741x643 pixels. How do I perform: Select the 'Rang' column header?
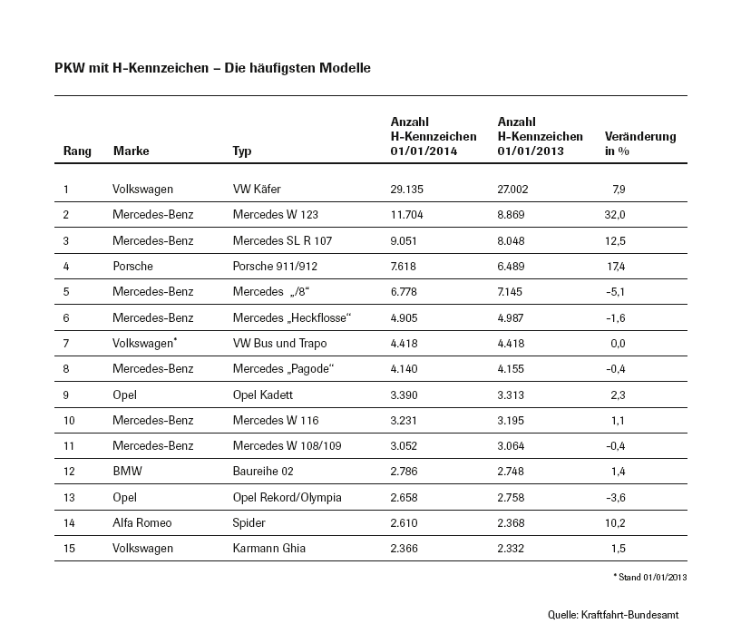[77, 151]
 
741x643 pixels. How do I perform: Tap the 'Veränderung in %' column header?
[639, 143]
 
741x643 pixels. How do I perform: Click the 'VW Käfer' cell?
[257, 190]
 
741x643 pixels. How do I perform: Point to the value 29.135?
[407, 190]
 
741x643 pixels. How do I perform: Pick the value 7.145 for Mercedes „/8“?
[513, 292]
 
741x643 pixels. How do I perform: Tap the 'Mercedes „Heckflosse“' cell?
[291, 317]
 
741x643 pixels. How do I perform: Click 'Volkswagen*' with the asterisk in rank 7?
[143, 343]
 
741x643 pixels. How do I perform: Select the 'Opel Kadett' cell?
[264, 395]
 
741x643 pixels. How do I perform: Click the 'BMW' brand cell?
[127, 472]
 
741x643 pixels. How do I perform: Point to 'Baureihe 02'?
[263, 472]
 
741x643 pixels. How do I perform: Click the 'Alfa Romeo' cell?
[141, 522]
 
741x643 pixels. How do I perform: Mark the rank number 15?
[69, 548]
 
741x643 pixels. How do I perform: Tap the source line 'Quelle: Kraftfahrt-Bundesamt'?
[612, 615]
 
